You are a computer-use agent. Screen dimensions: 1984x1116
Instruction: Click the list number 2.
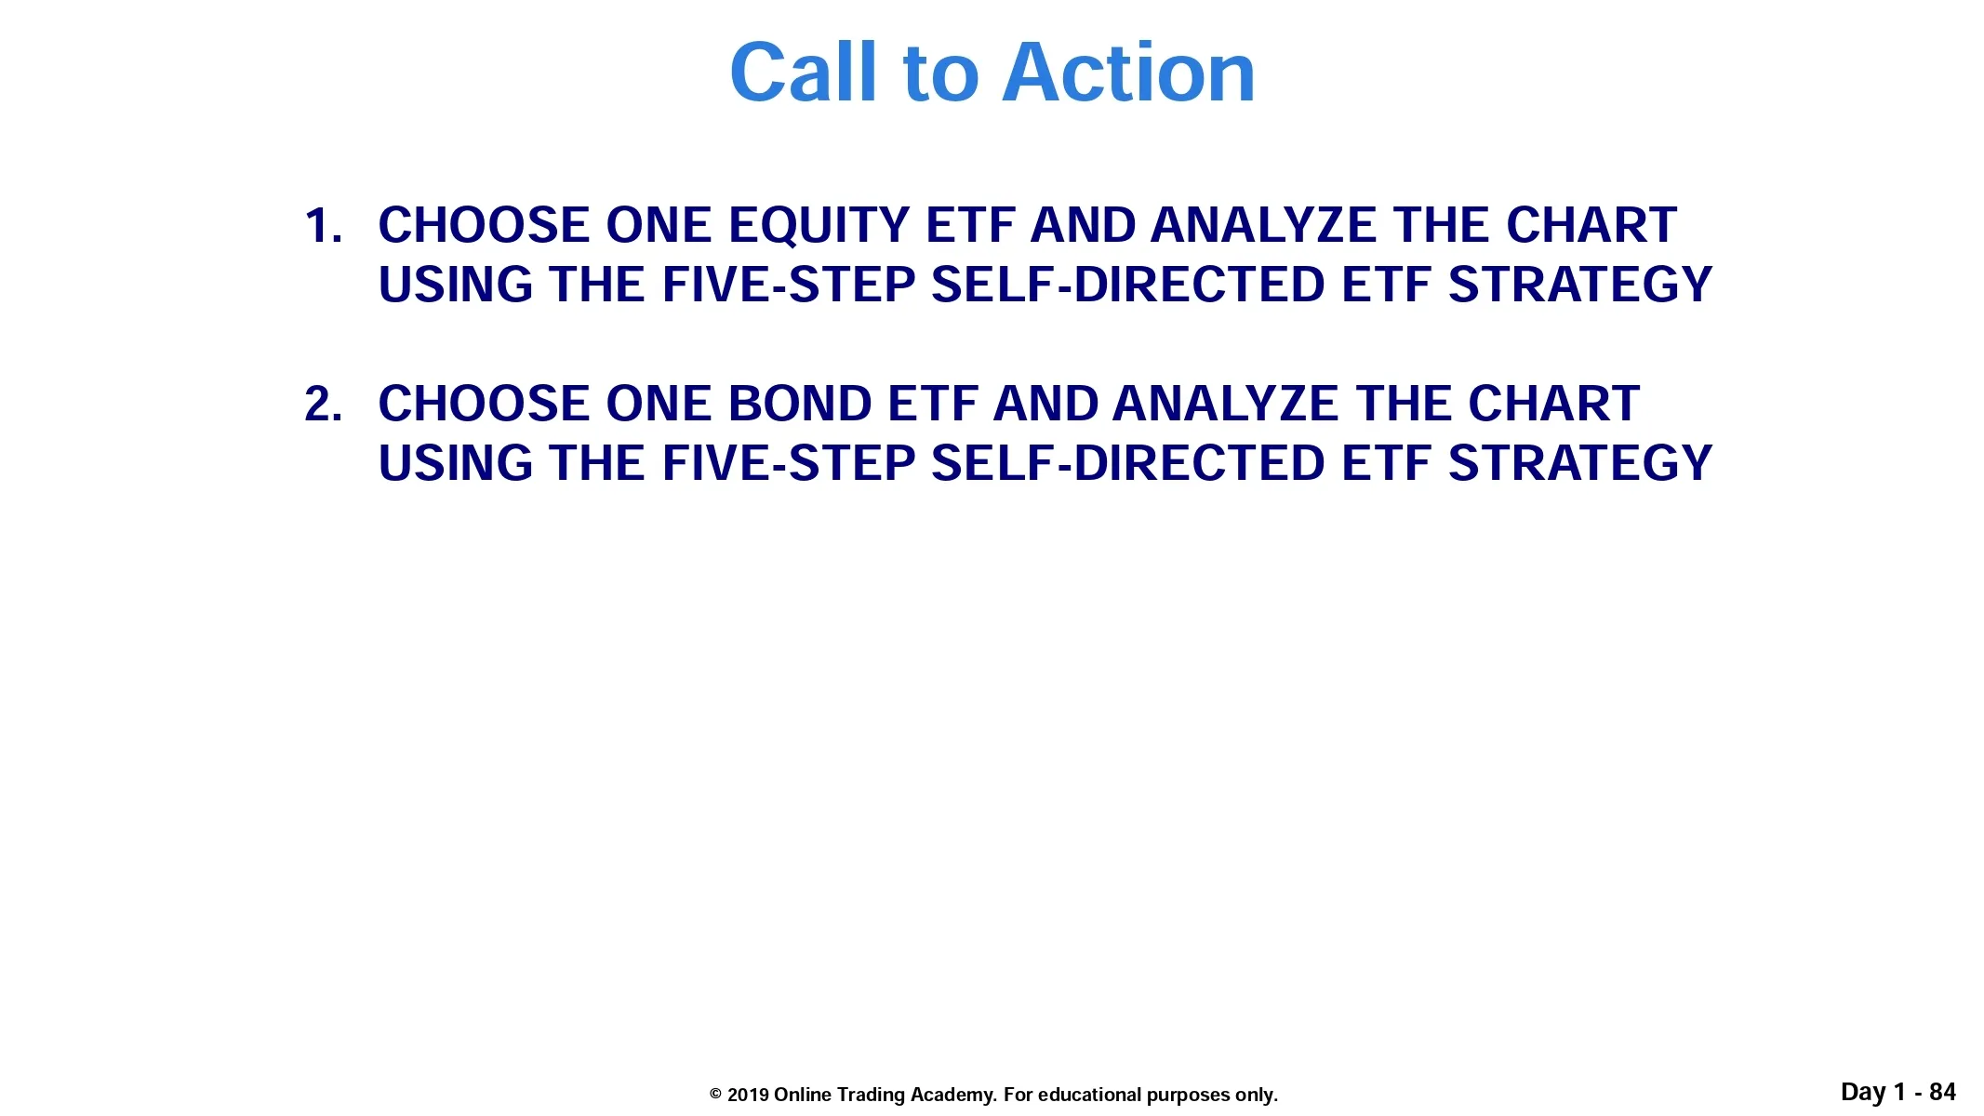click(323, 405)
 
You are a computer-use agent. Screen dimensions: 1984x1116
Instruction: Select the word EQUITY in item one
click(819, 226)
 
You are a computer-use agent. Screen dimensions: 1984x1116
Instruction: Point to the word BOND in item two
click(800, 405)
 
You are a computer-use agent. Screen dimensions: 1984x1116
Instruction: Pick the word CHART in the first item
click(1591, 226)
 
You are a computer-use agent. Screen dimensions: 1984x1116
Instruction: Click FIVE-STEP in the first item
click(789, 285)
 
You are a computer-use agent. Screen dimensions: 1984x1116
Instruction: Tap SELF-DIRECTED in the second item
click(1128, 463)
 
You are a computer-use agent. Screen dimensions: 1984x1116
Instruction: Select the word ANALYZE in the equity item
click(1264, 226)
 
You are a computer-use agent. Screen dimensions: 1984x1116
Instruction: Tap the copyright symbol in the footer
click(715, 1095)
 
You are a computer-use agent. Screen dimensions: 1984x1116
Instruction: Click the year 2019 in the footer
click(748, 1095)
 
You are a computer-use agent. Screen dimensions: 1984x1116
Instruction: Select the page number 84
click(1942, 1092)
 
